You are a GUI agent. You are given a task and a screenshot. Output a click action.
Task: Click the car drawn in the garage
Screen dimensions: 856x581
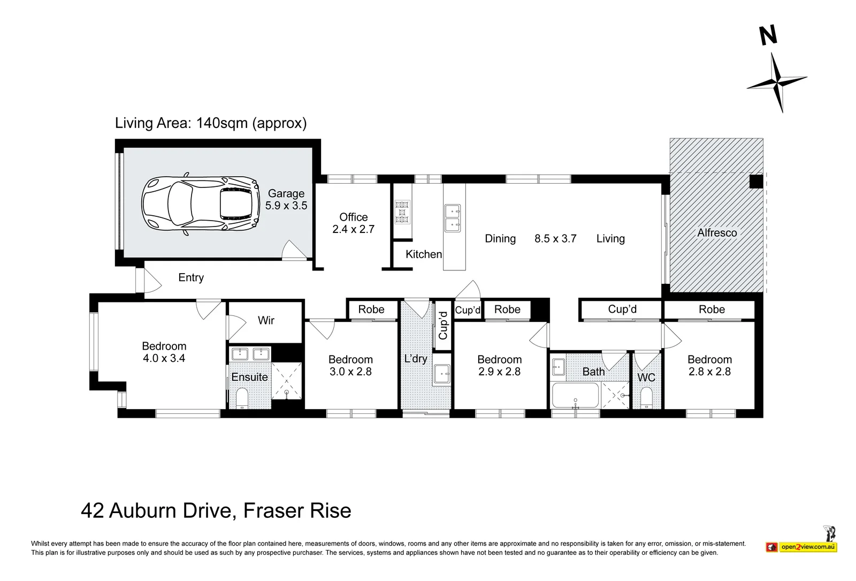pos(201,204)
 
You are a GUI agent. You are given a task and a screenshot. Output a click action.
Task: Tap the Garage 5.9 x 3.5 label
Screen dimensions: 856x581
pos(286,199)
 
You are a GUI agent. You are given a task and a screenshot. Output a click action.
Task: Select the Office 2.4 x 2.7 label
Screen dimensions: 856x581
pos(354,223)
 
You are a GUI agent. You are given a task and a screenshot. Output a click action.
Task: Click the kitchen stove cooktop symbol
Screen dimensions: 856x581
pos(402,212)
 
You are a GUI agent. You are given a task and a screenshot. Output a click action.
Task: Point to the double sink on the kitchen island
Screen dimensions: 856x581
pos(453,218)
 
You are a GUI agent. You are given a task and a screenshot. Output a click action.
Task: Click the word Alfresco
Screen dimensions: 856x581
pos(717,232)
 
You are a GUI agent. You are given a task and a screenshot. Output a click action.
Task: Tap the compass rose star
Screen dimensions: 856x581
pos(777,82)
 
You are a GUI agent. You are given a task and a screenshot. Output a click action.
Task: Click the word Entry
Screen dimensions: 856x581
pos(191,277)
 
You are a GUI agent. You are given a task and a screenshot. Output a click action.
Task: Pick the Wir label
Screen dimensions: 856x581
pos(266,320)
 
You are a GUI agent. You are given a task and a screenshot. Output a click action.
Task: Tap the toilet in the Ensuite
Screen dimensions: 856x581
pos(242,398)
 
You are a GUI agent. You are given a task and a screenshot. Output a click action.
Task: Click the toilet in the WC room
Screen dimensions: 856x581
pos(646,398)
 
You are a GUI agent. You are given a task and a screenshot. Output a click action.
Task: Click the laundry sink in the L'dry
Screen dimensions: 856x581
pos(442,374)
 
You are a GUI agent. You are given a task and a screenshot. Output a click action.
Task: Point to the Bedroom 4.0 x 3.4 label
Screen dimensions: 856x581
pos(164,352)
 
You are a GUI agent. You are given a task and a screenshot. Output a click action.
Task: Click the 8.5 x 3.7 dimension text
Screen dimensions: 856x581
pos(555,239)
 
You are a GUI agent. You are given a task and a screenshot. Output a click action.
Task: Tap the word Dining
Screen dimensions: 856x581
pos(500,239)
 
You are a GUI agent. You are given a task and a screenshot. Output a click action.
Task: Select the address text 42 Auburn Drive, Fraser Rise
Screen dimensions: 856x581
pos(216,511)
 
